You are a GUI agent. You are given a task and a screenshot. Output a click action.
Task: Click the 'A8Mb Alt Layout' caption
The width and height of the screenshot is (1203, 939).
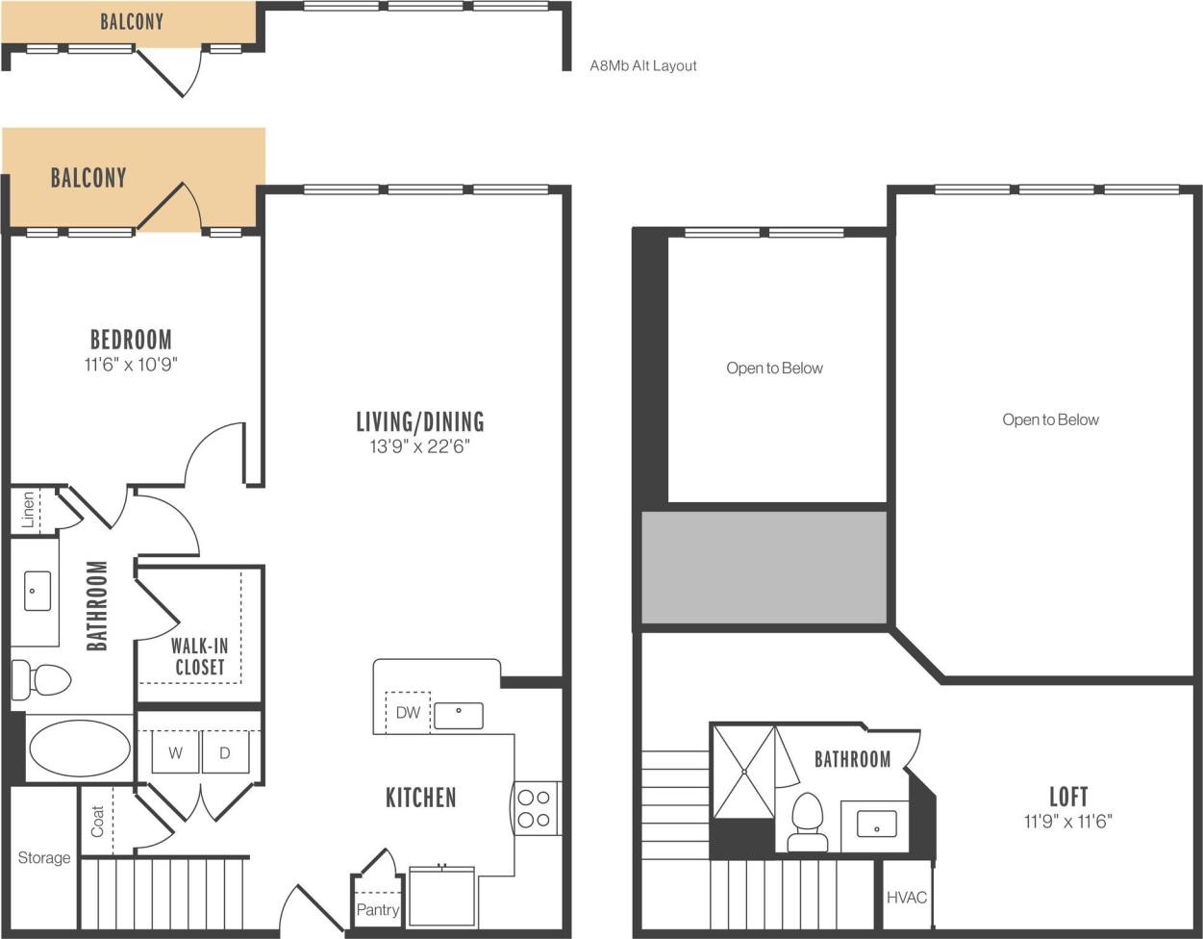point(642,66)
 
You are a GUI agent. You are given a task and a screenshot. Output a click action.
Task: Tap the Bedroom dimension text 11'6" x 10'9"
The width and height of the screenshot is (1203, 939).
point(131,365)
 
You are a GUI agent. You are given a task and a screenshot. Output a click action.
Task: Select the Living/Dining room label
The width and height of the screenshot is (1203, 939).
point(420,421)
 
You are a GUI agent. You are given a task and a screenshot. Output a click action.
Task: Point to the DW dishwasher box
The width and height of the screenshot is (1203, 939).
point(408,713)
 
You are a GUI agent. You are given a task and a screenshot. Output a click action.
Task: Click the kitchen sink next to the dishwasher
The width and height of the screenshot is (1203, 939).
point(459,715)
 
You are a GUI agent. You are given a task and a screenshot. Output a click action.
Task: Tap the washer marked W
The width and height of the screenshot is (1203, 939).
point(176,752)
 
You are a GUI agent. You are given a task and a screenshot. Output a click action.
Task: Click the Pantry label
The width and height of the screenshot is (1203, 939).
point(377,909)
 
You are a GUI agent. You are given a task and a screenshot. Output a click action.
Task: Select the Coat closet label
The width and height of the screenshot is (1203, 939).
point(98,821)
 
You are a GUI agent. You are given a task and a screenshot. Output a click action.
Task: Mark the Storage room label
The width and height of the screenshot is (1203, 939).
point(44,858)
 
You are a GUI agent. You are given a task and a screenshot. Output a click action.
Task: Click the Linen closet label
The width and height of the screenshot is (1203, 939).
point(28,509)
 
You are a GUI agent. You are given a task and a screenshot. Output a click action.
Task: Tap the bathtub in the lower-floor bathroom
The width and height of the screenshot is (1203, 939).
point(79,749)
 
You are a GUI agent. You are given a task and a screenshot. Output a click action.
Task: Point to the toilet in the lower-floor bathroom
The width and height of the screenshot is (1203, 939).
point(42,680)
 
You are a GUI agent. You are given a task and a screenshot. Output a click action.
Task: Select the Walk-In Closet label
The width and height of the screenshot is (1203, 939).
point(199,657)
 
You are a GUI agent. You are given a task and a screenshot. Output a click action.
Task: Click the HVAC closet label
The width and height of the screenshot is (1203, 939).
point(907,898)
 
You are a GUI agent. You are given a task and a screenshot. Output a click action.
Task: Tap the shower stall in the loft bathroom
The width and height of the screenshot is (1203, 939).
point(743,772)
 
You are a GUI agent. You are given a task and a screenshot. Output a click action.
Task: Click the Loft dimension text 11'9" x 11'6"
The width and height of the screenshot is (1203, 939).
point(1068,822)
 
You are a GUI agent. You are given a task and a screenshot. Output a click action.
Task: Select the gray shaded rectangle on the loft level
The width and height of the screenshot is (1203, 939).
point(764,568)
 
